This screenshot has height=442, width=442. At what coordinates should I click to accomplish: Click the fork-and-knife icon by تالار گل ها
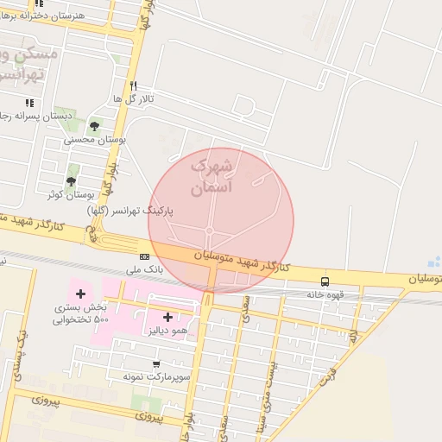tap(133, 85)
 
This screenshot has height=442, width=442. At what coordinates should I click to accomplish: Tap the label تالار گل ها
tap(133, 99)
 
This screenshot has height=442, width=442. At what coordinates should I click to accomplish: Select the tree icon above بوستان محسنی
tap(94, 126)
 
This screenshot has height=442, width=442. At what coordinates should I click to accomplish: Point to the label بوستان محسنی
tap(95, 139)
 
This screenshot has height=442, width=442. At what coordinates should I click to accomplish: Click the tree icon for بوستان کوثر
tap(71, 180)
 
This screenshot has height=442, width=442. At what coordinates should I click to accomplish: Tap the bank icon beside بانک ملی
tap(144, 256)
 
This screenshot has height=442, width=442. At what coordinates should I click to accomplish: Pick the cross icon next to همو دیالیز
tap(167, 317)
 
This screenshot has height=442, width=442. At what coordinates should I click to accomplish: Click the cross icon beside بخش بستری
tap(80, 294)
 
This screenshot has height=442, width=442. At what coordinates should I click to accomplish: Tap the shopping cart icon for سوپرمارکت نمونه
tap(155, 363)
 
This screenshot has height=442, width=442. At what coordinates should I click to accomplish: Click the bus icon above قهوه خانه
tap(325, 281)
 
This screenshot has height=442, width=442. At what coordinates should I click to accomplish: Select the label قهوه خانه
tap(325, 294)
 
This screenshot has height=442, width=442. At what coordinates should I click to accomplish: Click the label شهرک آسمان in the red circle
tap(212, 175)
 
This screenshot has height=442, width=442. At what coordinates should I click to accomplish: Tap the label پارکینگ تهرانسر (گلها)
tap(130, 211)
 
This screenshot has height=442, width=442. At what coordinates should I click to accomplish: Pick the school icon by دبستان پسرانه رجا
tap(30, 103)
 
